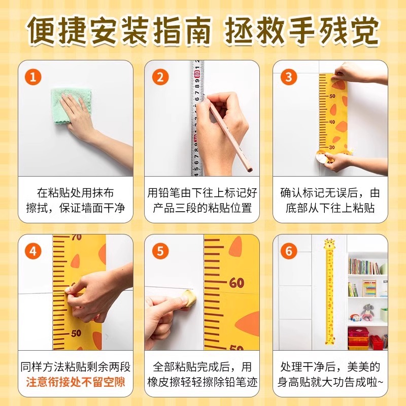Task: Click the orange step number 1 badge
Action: click(x=33, y=77)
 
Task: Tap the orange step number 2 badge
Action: click(x=160, y=77)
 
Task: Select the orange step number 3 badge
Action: click(x=289, y=77)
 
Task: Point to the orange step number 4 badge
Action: click(x=33, y=251)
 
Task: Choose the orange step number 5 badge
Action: click(x=160, y=251)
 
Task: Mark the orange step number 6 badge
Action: click(x=289, y=251)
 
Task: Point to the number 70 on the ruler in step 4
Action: click(x=76, y=238)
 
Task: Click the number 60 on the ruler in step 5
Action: click(x=236, y=283)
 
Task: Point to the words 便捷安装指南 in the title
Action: click(x=120, y=32)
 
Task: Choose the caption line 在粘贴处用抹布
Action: click(x=76, y=193)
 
